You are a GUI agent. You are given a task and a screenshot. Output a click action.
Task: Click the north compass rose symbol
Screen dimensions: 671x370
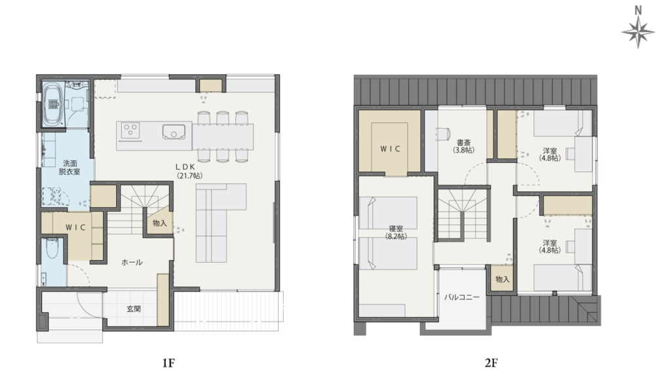pyautogui.click(x=638, y=32)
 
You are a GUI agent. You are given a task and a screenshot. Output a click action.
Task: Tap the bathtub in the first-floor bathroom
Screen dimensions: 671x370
pyautogui.click(x=54, y=104)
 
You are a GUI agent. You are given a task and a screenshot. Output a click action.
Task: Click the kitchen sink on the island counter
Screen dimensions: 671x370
pyautogui.click(x=174, y=132)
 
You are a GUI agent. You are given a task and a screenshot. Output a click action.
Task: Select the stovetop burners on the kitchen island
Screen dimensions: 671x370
pyautogui.click(x=130, y=130)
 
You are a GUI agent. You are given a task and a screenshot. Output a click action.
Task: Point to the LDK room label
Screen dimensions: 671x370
pyautogui.click(x=185, y=166)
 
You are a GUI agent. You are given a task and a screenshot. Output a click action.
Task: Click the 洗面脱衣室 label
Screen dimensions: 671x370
pyautogui.click(x=69, y=167)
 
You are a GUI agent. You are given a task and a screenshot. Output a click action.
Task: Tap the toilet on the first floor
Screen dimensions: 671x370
pyautogui.click(x=52, y=249)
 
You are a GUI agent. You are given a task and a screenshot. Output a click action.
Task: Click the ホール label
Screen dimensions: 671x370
pyautogui.click(x=132, y=262)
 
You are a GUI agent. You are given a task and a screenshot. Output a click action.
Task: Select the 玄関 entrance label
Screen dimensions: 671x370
pyautogui.click(x=134, y=308)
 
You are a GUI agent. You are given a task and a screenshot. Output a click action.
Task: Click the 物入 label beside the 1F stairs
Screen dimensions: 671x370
pyautogui.click(x=160, y=223)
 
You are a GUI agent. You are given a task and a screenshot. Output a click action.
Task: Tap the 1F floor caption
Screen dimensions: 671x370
pyautogui.click(x=168, y=363)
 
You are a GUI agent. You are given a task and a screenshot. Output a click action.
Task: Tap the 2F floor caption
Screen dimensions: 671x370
pyautogui.click(x=491, y=363)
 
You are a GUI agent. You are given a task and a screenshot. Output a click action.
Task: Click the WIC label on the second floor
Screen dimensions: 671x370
pyautogui.click(x=391, y=149)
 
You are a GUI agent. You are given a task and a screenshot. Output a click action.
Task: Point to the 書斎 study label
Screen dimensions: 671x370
pyautogui.click(x=463, y=143)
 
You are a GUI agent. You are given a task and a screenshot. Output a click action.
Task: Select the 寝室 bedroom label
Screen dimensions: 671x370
pyautogui.click(x=396, y=229)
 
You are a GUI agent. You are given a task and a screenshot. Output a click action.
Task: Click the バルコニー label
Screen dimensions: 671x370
pyautogui.click(x=462, y=297)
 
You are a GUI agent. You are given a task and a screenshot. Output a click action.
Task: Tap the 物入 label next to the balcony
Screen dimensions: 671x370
pyautogui.click(x=503, y=280)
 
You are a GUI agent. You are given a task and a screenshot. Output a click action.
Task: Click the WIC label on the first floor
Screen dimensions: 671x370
pyautogui.click(x=76, y=227)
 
